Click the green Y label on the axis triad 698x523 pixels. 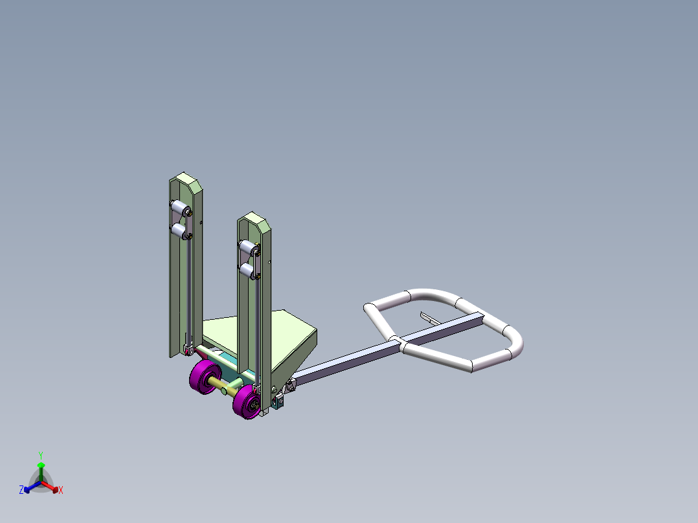(40, 455)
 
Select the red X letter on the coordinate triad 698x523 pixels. (60, 491)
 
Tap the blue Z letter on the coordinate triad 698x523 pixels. (21, 490)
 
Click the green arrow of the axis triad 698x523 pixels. (41, 467)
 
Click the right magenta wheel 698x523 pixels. (247, 403)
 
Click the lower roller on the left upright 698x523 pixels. (178, 230)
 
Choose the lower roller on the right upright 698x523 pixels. (247, 269)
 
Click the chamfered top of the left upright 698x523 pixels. (186, 179)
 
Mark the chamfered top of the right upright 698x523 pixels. (254, 218)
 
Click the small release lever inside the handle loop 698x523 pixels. (429, 318)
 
